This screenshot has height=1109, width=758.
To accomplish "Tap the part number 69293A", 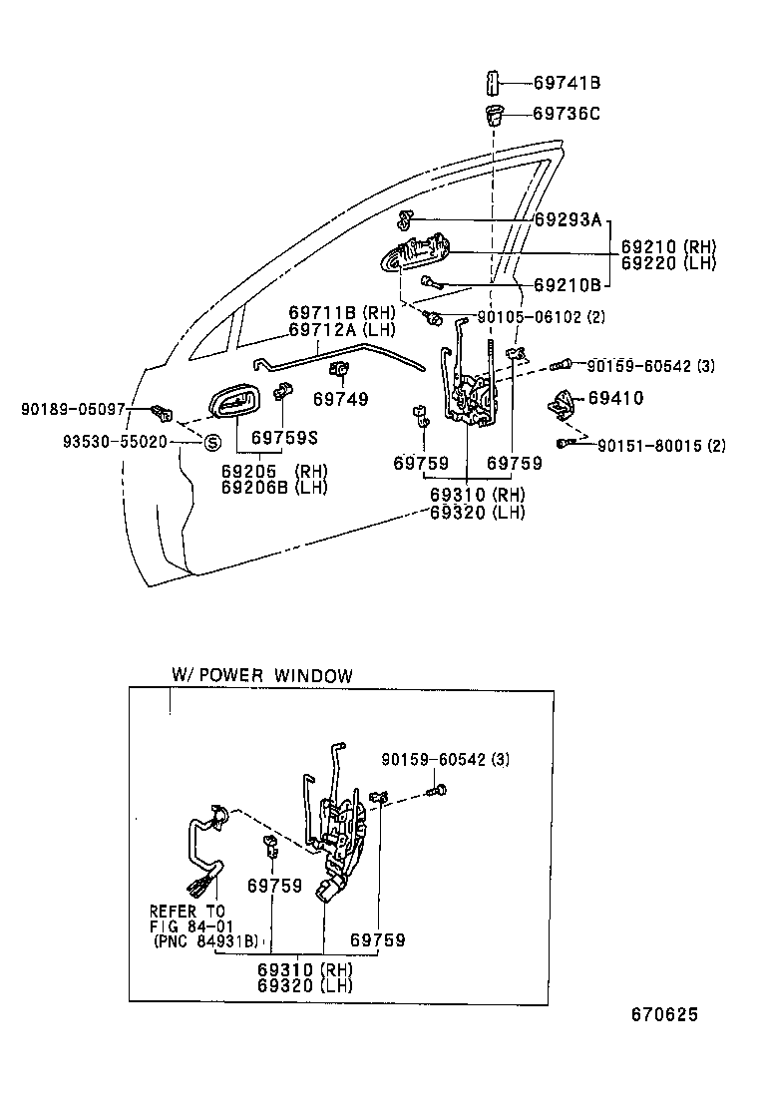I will tap(568, 219).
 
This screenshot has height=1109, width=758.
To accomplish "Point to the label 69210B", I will tap(568, 284).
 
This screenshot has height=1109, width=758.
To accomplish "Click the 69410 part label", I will tap(615, 398).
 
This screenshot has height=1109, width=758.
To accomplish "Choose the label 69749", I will tap(340, 399).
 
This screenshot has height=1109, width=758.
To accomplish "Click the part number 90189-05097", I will tap(72, 409).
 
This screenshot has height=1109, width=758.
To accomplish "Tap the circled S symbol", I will tap(212, 442).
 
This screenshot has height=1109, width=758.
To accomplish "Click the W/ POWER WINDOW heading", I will tap(262, 675).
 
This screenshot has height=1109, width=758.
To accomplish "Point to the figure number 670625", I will tap(663, 1015).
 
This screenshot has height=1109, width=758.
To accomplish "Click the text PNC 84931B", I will tap(205, 939).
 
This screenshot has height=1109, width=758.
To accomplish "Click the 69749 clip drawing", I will tap(339, 372).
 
